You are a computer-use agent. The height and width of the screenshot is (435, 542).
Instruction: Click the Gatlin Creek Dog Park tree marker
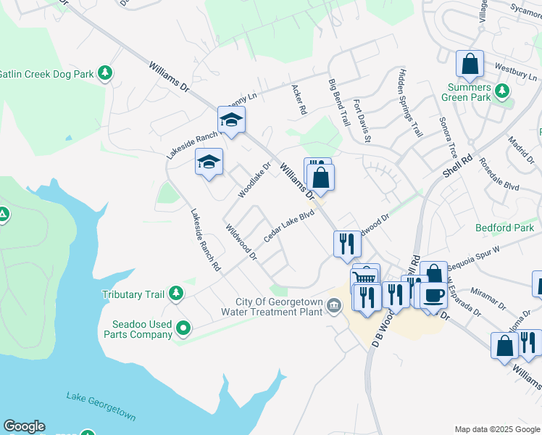click(x=106, y=73)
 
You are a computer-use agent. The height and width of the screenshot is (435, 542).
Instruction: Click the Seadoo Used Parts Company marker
click(x=184, y=328)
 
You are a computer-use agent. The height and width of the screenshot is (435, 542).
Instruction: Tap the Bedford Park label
click(x=504, y=228)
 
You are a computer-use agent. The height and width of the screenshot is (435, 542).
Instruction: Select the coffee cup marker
click(x=434, y=295)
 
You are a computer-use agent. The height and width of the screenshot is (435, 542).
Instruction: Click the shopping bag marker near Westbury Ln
click(x=470, y=64)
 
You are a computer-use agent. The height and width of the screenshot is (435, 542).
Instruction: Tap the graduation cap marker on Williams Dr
click(x=231, y=120)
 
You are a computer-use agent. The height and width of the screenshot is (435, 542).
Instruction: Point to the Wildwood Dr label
click(x=242, y=241)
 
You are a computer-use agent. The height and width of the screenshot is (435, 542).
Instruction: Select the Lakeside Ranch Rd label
click(x=205, y=240)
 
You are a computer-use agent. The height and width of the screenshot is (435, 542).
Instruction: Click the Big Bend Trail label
click(x=339, y=101)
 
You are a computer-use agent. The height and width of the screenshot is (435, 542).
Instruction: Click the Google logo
click(x=24, y=426)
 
